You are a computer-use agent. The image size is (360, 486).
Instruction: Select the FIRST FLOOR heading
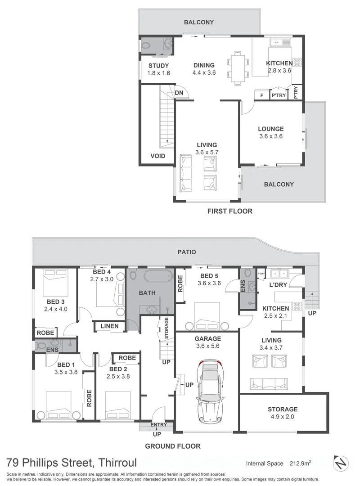229,211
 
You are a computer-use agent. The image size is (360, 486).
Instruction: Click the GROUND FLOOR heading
172,446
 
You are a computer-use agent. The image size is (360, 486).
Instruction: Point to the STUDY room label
159,65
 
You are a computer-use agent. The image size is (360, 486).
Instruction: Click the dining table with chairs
238,68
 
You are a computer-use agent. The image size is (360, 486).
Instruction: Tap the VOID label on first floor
157,156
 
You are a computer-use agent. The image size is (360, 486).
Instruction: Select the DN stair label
179,93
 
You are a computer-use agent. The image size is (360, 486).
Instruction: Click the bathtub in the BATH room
157,276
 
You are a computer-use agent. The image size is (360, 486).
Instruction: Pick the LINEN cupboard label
110,326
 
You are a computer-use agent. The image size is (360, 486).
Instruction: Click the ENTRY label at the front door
158,425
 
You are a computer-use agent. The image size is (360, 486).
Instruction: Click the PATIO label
186,252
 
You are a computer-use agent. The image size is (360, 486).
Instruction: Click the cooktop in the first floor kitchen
297,62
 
